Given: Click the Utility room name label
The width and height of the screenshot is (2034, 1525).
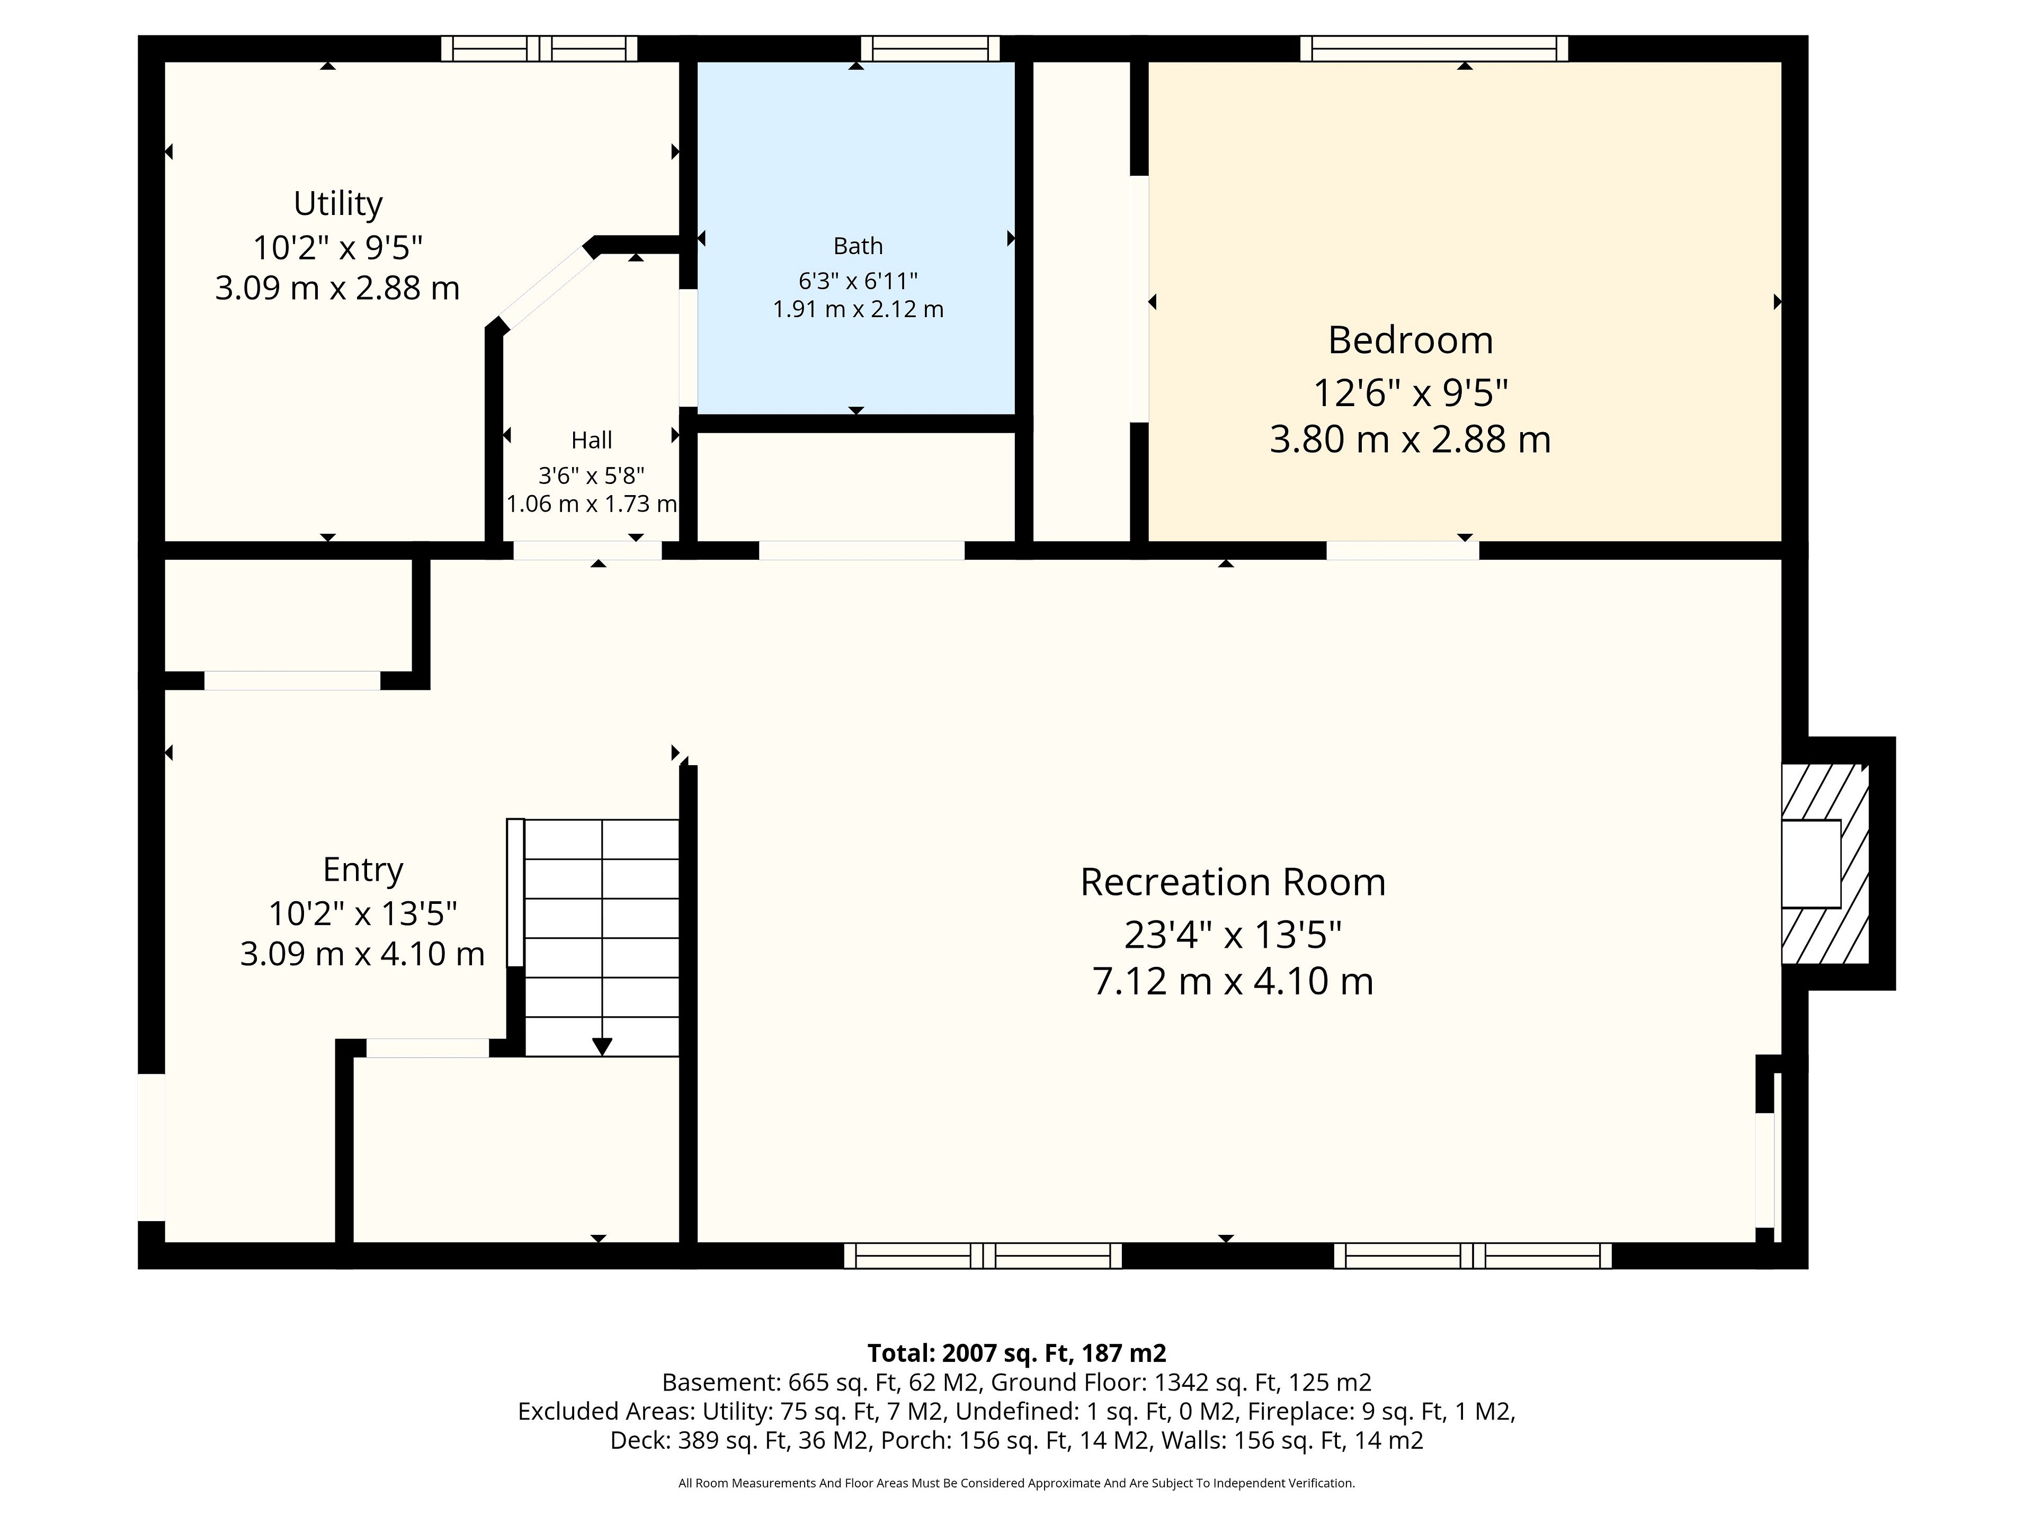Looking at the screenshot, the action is pyautogui.click(x=337, y=204).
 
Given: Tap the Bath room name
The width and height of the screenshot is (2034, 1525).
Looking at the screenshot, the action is pyautogui.click(x=858, y=246).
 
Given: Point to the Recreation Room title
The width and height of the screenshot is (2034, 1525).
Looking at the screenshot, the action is pyautogui.click(x=1232, y=883).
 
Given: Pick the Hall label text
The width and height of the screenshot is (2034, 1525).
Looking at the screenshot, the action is pyautogui.click(x=591, y=441).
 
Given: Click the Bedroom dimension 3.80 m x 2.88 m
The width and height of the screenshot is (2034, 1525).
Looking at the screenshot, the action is pyautogui.click(x=1409, y=439).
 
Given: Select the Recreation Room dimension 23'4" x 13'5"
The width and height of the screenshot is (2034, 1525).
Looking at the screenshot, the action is pyautogui.click(x=1232, y=935).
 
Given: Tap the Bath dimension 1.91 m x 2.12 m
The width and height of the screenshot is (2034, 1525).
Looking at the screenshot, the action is pyautogui.click(x=858, y=309).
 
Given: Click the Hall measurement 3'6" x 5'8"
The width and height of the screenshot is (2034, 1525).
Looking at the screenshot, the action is pyautogui.click(x=591, y=476).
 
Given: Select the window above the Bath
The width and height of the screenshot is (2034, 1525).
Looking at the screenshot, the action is pyautogui.click(x=930, y=48).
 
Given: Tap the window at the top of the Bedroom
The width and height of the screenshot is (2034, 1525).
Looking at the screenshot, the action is pyautogui.click(x=1433, y=48).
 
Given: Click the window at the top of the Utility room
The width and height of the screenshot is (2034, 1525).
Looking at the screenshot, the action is pyautogui.click(x=539, y=48).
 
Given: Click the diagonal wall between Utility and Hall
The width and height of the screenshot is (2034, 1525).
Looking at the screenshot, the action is pyautogui.click(x=545, y=287).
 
